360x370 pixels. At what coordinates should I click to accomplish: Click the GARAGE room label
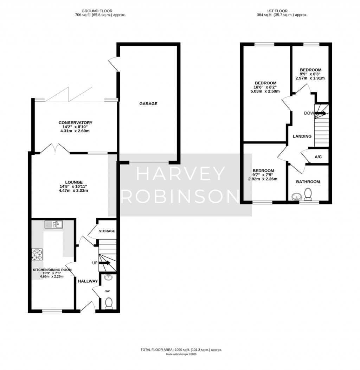148,104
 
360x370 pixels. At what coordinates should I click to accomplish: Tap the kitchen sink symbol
53,224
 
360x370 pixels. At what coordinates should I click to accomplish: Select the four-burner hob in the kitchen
37,254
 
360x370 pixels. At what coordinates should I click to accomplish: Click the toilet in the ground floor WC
109,304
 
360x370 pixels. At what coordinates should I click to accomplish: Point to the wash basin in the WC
109,277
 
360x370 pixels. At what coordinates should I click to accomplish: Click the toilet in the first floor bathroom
308,194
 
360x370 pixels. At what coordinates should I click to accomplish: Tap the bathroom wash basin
296,197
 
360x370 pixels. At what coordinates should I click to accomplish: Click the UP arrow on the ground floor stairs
104,263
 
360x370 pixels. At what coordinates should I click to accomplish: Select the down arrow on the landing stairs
320,113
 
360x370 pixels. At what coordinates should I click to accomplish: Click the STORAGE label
107,231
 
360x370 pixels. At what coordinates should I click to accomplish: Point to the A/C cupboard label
318,157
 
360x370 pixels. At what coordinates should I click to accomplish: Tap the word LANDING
302,136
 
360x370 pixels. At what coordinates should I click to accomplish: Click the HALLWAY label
88,281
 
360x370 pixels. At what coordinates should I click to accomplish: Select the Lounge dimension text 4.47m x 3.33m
73,190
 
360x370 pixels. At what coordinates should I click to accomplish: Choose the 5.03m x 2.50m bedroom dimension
265,91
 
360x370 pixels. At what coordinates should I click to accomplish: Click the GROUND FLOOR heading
97,11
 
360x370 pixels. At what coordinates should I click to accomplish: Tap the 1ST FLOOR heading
277,11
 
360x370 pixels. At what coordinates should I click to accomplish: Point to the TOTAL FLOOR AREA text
181,350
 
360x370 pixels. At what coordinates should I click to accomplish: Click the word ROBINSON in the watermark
180,196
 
